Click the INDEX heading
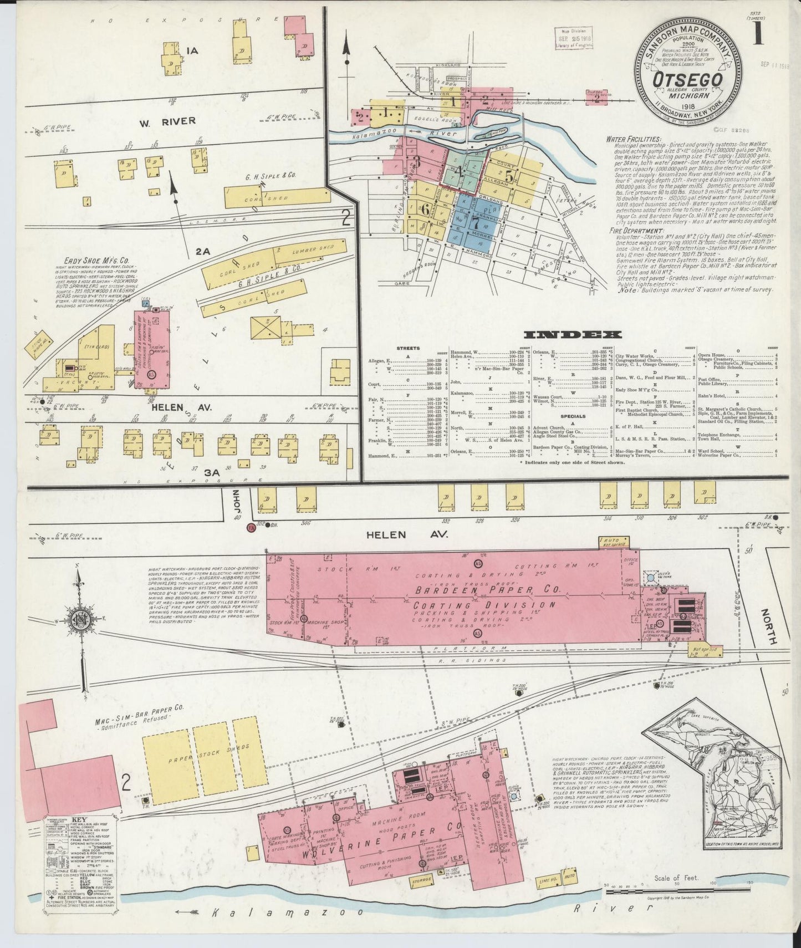point(573,334)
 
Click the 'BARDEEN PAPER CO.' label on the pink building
point(478,592)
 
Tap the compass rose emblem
point(81,620)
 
